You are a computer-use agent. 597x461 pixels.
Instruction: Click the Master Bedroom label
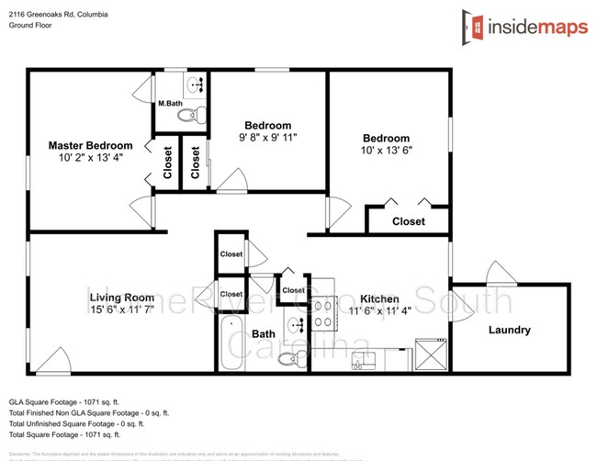(90, 145)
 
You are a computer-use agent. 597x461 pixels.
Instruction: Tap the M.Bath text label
(169, 103)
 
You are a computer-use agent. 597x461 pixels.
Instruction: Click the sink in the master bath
(195, 84)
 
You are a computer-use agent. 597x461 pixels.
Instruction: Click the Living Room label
(121, 298)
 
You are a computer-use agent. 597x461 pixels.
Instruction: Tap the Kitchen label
(378, 299)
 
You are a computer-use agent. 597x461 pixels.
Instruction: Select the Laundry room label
(509, 331)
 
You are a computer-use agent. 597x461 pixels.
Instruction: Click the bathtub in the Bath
(231, 343)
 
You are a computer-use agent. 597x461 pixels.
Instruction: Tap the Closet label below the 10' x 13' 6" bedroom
(409, 221)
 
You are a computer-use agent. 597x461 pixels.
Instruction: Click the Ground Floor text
(30, 26)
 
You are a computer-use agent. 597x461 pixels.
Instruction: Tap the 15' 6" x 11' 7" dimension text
(121, 311)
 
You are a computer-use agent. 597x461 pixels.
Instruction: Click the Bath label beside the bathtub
(264, 334)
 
